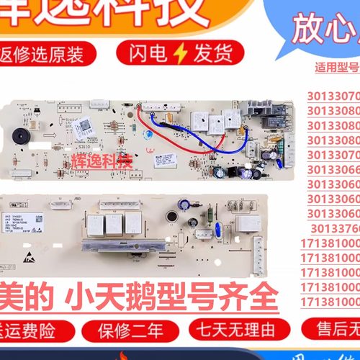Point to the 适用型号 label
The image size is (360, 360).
[337, 70]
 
